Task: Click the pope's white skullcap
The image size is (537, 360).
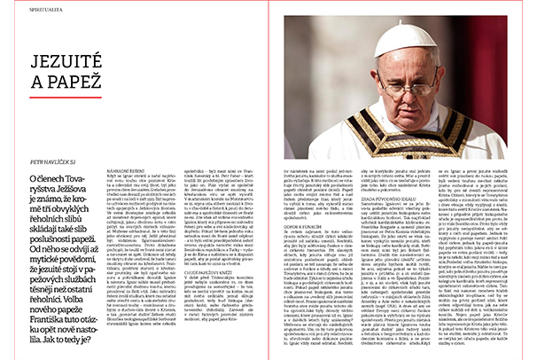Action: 404,39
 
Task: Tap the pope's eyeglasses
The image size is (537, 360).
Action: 409,89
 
